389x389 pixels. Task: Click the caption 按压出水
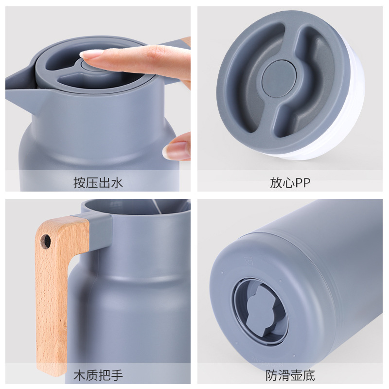point(98,183)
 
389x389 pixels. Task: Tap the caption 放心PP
point(290,183)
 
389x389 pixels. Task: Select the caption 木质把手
point(98,375)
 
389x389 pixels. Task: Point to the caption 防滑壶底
point(290,375)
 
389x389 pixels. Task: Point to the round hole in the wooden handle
point(46,241)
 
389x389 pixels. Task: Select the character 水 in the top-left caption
point(117,183)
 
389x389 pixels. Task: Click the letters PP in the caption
point(302,183)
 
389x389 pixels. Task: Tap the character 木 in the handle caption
point(79,375)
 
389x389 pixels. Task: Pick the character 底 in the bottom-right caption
point(309,375)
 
